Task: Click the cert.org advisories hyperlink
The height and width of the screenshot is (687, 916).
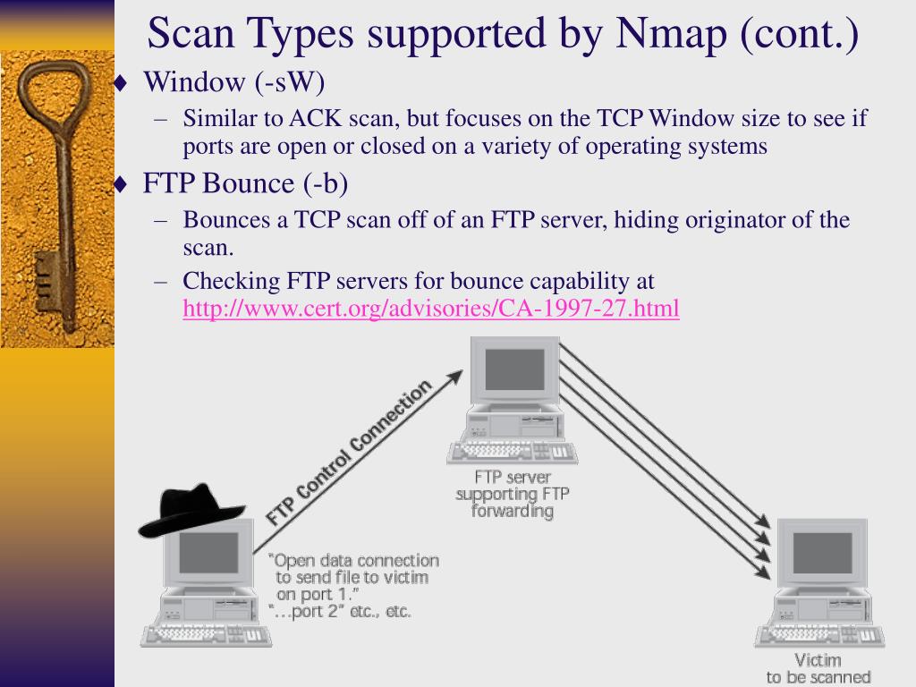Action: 431,310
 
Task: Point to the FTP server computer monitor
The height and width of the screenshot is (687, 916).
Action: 514,369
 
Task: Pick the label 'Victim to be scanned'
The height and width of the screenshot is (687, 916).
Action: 818,668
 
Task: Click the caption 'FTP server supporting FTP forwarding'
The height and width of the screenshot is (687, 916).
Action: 513,494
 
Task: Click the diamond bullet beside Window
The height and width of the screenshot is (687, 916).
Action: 122,84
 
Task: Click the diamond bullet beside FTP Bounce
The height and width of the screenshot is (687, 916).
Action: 122,185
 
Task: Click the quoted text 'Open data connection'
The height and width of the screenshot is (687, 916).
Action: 355,561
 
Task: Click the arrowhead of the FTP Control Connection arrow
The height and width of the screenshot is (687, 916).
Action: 455,377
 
